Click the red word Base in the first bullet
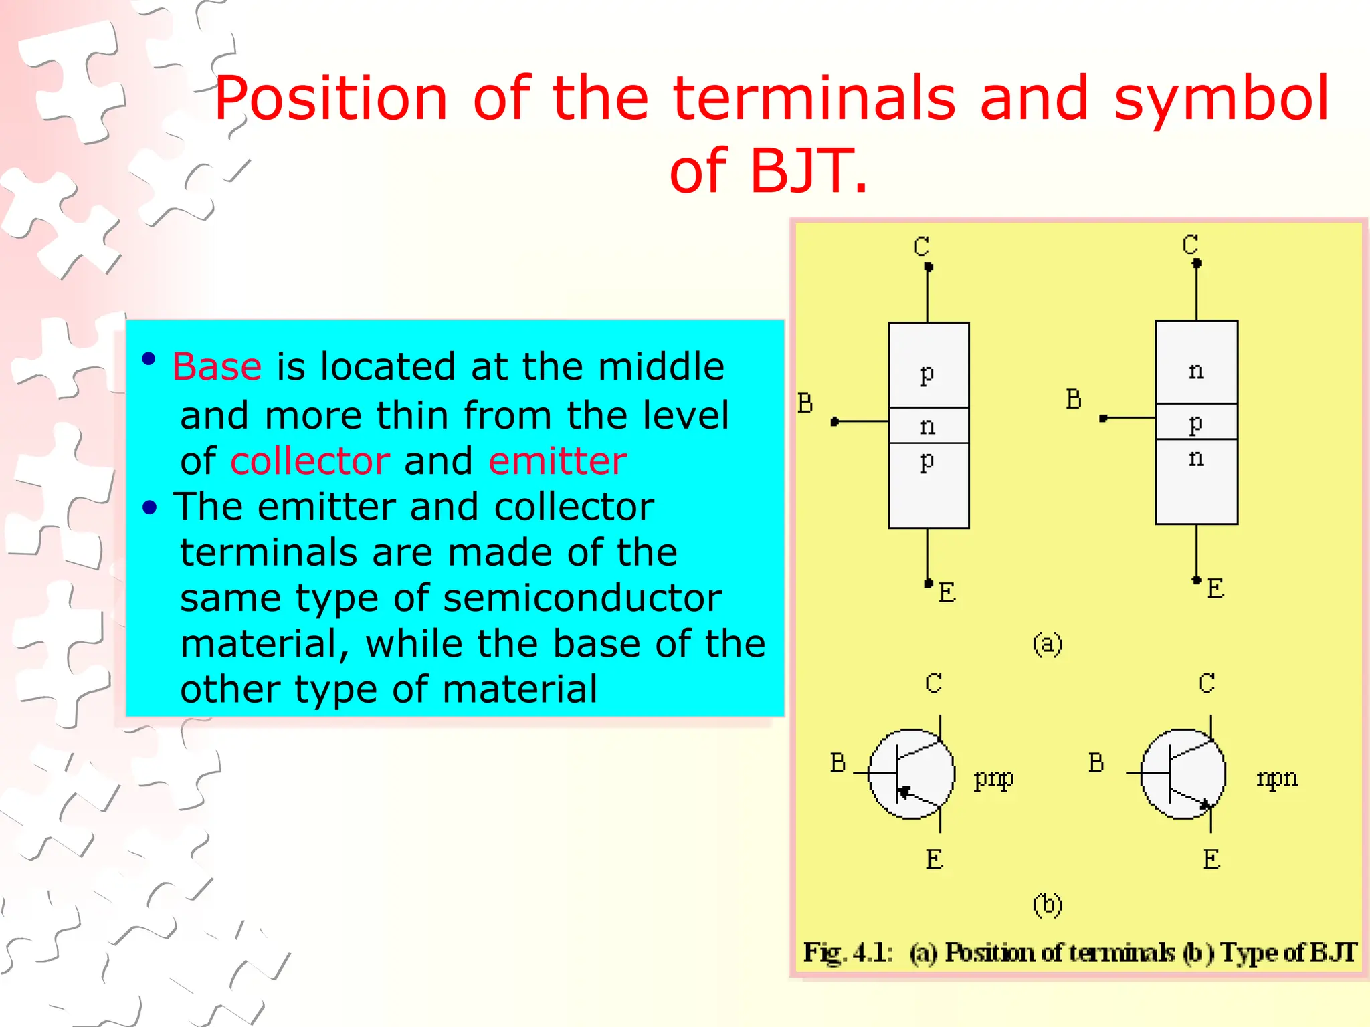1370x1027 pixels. (x=217, y=367)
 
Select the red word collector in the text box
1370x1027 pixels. (x=310, y=461)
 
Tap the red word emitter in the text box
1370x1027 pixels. (x=557, y=461)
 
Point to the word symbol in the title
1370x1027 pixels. (x=1221, y=99)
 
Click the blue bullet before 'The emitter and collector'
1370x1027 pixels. (x=149, y=508)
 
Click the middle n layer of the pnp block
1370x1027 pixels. (x=928, y=425)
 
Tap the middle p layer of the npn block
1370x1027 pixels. (x=1196, y=422)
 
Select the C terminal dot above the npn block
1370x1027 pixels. (x=1197, y=263)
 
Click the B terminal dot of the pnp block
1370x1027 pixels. (x=834, y=421)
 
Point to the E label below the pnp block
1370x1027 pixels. (x=947, y=593)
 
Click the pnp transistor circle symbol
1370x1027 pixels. (x=910, y=774)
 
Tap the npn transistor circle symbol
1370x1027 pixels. (x=1183, y=774)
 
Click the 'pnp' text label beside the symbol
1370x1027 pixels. (x=993, y=778)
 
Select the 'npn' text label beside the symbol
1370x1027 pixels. (x=1276, y=778)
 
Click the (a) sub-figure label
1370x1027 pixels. (x=1047, y=644)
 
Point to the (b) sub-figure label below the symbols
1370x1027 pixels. (x=1047, y=904)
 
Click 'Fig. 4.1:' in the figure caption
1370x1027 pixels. (x=848, y=953)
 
